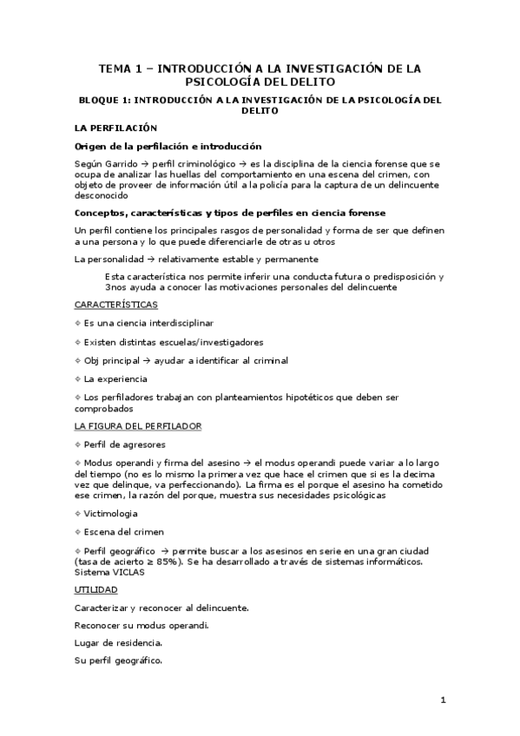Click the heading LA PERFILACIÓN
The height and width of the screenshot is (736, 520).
109,128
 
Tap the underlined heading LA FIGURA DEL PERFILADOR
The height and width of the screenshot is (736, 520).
138,426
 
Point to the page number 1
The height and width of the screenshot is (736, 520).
443,700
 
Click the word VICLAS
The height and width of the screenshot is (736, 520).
125,572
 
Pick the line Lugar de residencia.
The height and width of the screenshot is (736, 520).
118,643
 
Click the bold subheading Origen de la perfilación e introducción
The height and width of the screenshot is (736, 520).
168,146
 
